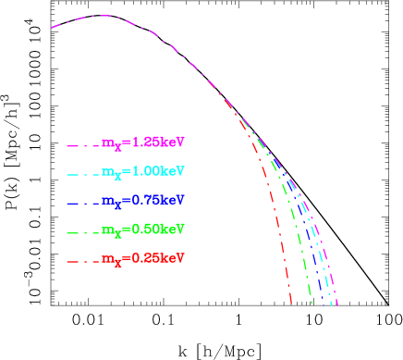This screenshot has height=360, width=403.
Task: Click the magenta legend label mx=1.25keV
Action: pyautogui.click(x=143, y=143)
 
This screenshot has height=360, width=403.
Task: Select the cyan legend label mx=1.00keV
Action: pyautogui.click(x=143, y=172)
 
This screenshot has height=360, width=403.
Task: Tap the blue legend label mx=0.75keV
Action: pyautogui.click(x=143, y=201)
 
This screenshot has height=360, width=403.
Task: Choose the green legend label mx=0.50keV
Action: pyautogui.click(x=143, y=230)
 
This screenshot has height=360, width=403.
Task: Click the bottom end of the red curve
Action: pyautogui.click(x=292, y=304)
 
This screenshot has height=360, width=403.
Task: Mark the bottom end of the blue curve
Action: pyautogui.click(x=323, y=304)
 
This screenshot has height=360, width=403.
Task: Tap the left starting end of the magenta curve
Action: pyautogui.click(x=50, y=29)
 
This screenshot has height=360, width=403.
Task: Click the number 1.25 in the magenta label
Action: pyautogui.click(x=147, y=143)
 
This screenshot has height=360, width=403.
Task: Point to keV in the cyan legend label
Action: pyautogui.click(x=173, y=171)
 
